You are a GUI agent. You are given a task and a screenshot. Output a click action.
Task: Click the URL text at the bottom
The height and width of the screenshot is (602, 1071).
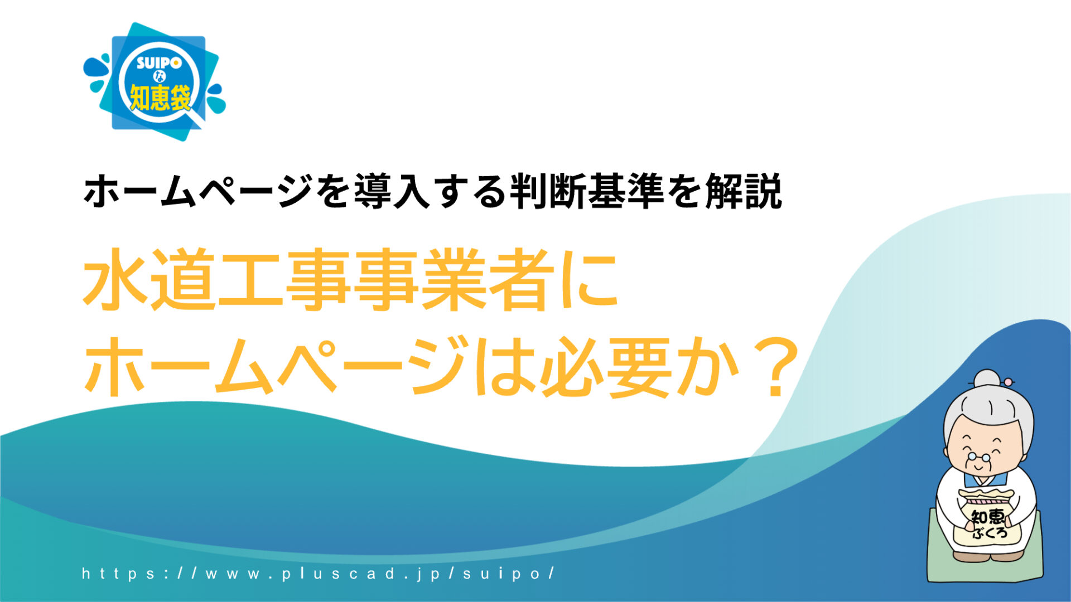coord(318,573)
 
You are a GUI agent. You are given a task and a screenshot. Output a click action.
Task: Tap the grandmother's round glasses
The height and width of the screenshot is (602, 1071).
coord(979,457)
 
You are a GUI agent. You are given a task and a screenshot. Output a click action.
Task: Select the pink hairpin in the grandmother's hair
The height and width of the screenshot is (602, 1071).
coord(1007,382)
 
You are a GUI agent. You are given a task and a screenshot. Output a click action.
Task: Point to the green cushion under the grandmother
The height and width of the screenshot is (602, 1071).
coord(985,552)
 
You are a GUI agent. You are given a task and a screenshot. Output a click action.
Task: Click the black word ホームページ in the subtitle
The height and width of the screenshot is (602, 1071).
coord(197,192)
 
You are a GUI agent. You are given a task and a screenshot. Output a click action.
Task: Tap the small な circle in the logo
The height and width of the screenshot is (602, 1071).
coord(160,77)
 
